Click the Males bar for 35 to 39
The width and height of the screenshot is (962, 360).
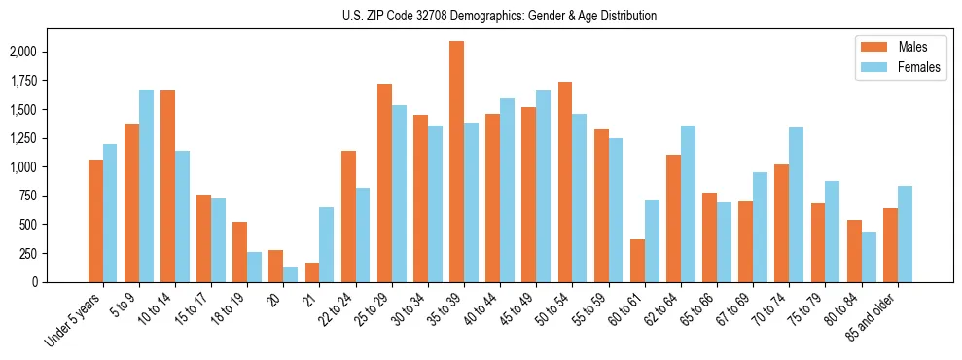(456, 162)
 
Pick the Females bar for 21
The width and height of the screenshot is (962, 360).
(327, 244)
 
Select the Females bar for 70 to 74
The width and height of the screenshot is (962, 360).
(796, 204)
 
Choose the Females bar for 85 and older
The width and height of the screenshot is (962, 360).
(905, 234)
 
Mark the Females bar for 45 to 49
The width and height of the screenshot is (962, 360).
(543, 186)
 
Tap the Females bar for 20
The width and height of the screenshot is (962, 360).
(291, 273)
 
